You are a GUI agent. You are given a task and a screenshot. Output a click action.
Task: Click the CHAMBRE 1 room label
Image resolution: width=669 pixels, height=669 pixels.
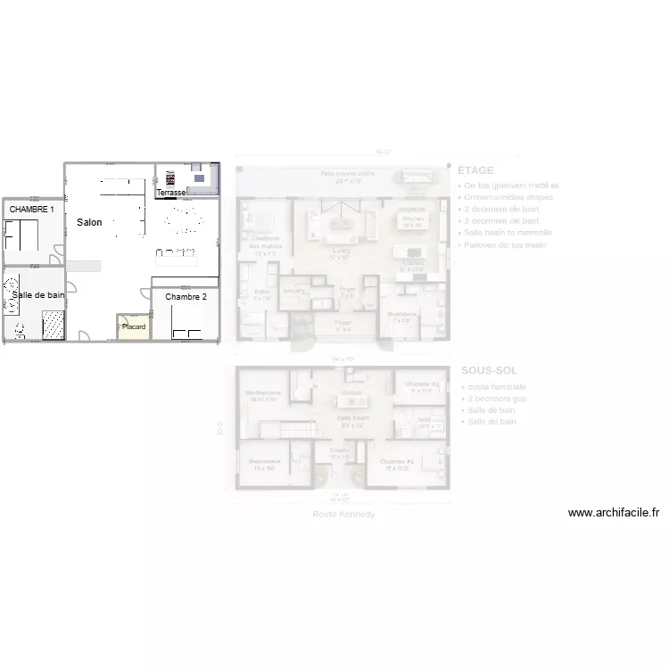pyautogui.click(x=32, y=209)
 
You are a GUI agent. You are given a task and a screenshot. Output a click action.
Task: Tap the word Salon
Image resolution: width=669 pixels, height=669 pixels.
pyautogui.click(x=89, y=222)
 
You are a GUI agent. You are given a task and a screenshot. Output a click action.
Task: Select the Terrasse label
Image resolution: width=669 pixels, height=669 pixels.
pyautogui.click(x=171, y=193)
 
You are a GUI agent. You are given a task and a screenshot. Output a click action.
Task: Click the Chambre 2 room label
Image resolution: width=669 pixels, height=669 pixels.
pyautogui.click(x=186, y=297)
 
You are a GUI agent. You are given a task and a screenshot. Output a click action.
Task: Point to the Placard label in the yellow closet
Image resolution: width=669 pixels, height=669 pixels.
pyautogui.click(x=134, y=327)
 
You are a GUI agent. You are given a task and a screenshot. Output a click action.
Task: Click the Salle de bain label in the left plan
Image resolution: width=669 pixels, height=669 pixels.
pyautogui.click(x=38, y=294)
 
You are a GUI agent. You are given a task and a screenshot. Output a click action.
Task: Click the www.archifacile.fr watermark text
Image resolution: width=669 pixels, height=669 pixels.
pyautogui.click(x=614, y=513)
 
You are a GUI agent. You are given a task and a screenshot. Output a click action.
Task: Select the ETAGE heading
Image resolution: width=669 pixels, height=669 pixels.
pyautogui.click(x=475, y=170)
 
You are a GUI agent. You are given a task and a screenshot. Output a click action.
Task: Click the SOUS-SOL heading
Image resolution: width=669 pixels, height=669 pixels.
pyautogui.click(x=489, y=370)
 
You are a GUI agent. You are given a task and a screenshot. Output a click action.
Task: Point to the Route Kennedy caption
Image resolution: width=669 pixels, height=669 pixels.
pyautogui.click(x=343, y=515)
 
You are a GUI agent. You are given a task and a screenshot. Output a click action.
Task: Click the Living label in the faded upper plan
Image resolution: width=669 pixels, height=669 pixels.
pyautogui.click(x=341, y=254)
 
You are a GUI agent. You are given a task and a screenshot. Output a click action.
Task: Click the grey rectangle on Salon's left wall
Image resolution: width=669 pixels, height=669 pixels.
pyautogui.click(x=87, y=266)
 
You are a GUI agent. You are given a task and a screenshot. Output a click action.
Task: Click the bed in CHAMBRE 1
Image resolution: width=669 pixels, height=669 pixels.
pyautogui.click(x=21, y=235)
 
